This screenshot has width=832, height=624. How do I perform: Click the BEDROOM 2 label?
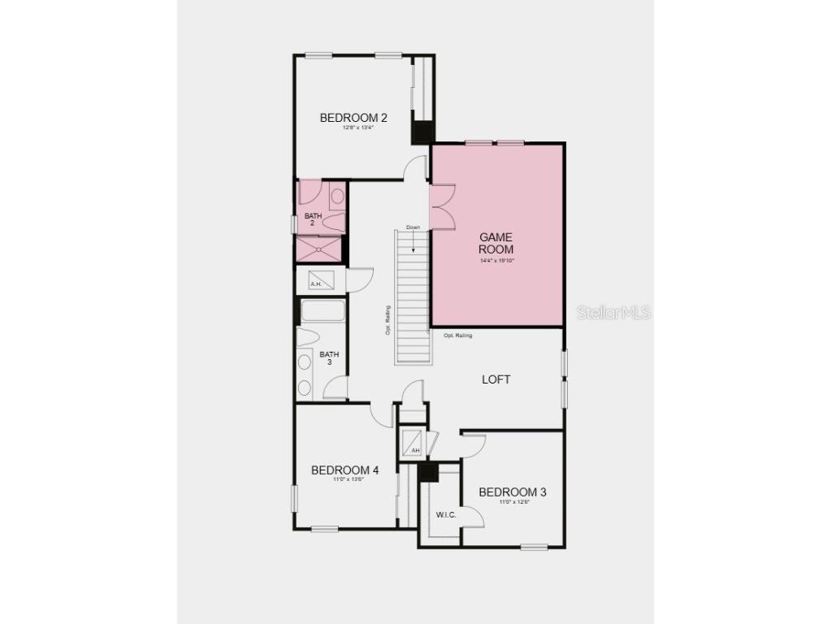click(x=353, y=118)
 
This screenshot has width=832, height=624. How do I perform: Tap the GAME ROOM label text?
click(x=496, y=243)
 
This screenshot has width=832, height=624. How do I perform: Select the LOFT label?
click(x=496, y=379)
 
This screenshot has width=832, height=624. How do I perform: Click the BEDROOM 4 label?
click(x=345, y=470)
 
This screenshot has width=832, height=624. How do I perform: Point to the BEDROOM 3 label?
click(x=513, y=492)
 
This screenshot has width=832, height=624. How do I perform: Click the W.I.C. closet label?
click(x=445, y=515)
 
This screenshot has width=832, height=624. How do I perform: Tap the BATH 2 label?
click(x=314, y=219)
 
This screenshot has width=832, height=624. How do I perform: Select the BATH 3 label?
click(x=329, y=358)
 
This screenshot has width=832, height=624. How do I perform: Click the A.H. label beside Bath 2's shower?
click(x=316, y=284)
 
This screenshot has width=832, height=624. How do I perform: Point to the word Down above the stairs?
click(x=413, y=227)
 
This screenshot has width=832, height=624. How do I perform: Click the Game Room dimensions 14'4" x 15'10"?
click(x=496, y=261)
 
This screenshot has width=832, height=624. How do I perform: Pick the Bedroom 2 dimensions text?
click(x=353, y=128)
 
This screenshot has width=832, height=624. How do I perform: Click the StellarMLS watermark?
click(x=614, y=312)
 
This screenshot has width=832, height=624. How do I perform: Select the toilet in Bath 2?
click(x=337, y=197)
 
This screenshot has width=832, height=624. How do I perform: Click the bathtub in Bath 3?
click(x=323, y=311)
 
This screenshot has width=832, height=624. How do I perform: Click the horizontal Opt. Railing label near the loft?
click(x=457, y=335)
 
